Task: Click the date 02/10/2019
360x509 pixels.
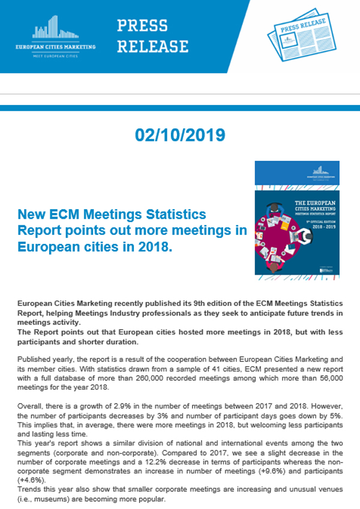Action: click(x=180, y=135)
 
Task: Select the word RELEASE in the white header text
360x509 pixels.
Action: click(x=152, y=46)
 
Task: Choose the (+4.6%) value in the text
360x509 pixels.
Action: click(x=29, y=480)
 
